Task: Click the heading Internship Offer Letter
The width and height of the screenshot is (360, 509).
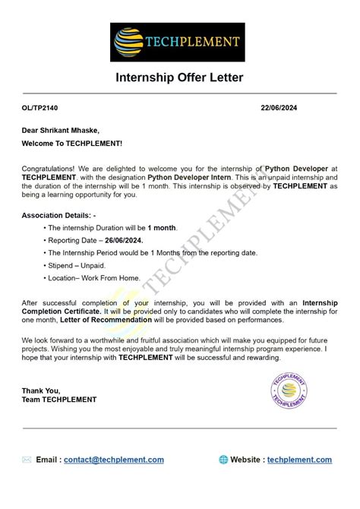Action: [179, 78]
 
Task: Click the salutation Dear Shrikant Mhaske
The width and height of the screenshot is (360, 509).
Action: [61, 131]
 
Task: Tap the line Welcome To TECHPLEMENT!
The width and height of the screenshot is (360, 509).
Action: [72, 143]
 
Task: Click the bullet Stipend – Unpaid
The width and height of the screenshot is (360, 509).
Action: [78, 266]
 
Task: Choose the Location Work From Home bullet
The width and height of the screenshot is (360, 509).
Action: [95, 278]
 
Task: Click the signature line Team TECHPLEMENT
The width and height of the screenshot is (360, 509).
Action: [59, 400]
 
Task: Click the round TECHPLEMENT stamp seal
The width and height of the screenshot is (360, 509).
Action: [289, 390]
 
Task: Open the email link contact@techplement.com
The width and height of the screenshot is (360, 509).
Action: [114, 460]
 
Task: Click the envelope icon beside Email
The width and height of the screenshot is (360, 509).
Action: [27, 460]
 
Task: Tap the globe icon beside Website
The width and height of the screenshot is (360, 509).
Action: [223, 460]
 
